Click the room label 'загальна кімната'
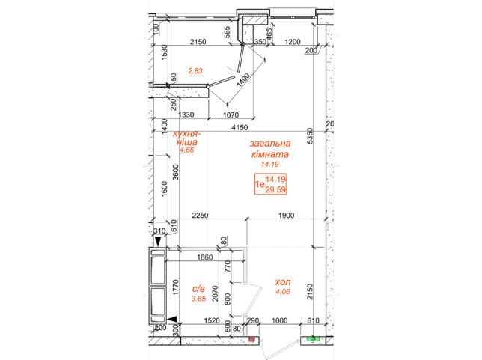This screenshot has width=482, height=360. (x=270, y=149)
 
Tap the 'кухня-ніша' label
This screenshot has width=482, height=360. (x=186, y=138)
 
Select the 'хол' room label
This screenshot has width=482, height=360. (x=283, y=282)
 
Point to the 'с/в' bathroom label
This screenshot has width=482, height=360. (x=198, y=289)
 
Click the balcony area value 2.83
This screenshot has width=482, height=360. (x=195, y=70)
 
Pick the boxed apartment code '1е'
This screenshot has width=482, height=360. (x=260, y=184)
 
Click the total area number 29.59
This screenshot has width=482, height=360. (x=275, y=189)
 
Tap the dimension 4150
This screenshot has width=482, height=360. (x=240, y=127)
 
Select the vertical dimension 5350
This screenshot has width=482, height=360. (x=310, y=135)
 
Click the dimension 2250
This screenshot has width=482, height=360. (x=200, y=216)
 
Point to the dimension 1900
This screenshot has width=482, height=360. (x=286, y=216)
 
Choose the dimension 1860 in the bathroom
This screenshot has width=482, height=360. (x=204, y=257)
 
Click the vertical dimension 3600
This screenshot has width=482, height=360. (x=175, y=173)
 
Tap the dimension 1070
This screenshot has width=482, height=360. (x=231, y=115)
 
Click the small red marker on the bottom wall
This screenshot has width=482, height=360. (x=251, y=339)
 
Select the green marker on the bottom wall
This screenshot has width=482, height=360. (x=314, y=339)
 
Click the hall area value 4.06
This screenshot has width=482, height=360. (x=283, y=292)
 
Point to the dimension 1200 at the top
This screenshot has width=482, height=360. (x=293, y=41)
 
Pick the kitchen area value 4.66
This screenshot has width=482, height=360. (x=187, y=150)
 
